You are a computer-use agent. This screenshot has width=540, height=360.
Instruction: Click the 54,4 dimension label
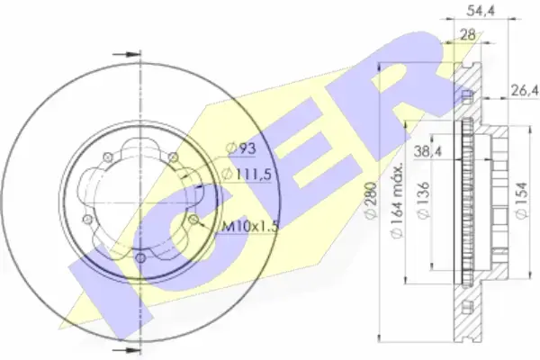pyautogui.click(x=481, y=11)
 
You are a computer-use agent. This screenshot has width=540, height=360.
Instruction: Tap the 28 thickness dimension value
pyautogui.click(x=468, y=35)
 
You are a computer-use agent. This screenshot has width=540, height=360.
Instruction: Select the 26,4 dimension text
pyautogui.click(x=525, y=91)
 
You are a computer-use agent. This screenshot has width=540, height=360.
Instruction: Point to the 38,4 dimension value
pyautogui.click(x=427, y=151)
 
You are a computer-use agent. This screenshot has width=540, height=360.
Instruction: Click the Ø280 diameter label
pyautogui.click(x=371, y=200)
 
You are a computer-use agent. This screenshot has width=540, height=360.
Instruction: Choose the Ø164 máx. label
pyautogui.click(x=397, y=200)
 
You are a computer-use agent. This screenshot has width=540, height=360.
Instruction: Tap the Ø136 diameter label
pyautogui.click(x=423, y=200)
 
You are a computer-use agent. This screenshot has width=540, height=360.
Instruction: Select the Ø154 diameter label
pyautogui.click(x=522, y=200)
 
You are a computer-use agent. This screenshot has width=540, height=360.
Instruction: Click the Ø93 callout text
pyautogui.click(x=241, y=148)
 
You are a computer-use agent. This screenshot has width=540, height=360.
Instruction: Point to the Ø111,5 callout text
pyautogui.click(x=247, y=175)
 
